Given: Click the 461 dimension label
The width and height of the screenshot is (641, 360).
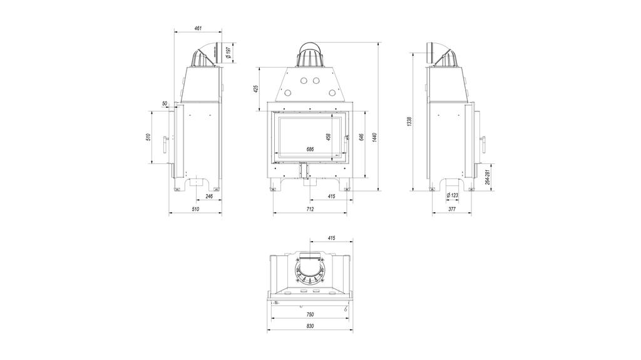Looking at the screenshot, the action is coord(198,28).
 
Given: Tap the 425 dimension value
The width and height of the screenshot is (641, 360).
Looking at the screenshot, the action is coord(256,89).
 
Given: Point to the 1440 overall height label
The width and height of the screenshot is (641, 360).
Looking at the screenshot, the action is coord(375,138).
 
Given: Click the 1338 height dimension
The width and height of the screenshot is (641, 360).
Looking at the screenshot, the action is coord(409,122).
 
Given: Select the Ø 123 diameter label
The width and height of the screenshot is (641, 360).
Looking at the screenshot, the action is coord(452,195).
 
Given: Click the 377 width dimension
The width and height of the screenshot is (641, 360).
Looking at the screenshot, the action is coord(452,209).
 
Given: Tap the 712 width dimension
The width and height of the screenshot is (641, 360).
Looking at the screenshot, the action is coord(310,209).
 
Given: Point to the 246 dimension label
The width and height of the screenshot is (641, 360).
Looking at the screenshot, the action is coord(209,196).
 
